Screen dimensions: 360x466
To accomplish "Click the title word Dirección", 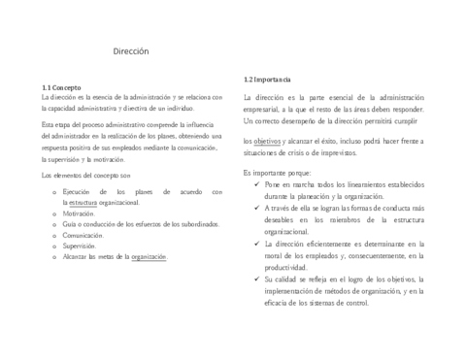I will [131, 51].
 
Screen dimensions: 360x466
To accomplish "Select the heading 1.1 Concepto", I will [62, 86].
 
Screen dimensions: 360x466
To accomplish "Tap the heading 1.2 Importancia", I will [266, 79].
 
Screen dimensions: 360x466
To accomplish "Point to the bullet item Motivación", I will [80, 213].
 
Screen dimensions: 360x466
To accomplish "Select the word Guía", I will [69, 224].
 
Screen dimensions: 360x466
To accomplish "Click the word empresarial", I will [265, 110].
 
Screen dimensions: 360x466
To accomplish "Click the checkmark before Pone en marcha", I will [255, 183].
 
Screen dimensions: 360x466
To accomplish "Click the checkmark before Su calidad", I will [255, 279].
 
